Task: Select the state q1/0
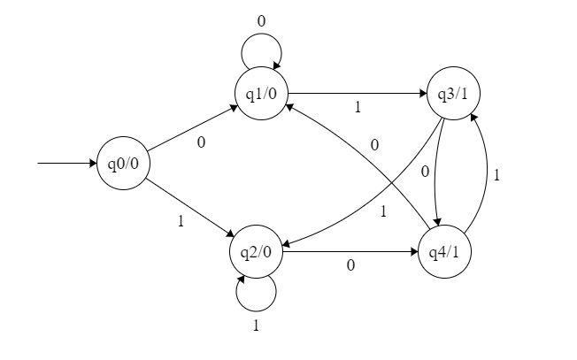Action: coord(262,92)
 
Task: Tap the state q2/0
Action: coord(257,252)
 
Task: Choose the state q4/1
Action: coord(443,252)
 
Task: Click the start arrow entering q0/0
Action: coord(66,164)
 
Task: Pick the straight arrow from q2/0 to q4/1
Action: coord(350,252)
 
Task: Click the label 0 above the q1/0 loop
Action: coord(260,20)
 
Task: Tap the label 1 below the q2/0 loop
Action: coord(257,326)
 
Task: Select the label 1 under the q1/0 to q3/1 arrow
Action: coord(358,108)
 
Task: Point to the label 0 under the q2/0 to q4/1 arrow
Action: coord(350,265)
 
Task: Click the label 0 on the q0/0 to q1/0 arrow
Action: coord(201,142)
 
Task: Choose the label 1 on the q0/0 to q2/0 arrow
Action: coord(181,221)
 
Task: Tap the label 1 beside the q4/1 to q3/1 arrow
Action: coord(497,175)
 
